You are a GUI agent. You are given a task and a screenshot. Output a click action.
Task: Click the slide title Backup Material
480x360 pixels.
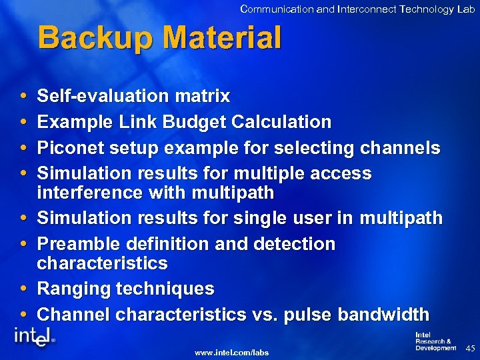click(x=160, y=38)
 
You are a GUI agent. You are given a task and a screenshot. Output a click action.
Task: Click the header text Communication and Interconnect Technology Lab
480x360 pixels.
click(x=357, y=9)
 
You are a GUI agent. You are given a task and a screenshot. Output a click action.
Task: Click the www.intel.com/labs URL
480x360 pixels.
click(x=231, y=351)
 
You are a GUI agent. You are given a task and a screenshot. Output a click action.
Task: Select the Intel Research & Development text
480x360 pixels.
click(x=435, y=341)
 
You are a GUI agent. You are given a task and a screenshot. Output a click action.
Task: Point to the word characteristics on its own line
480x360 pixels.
click(x=102, y=263)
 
